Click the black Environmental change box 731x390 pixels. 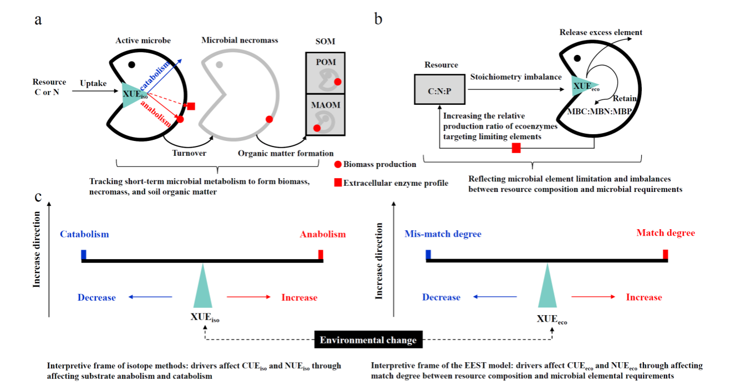(368, 340)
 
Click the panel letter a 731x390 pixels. (38, 19)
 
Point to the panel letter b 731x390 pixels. (378, 19)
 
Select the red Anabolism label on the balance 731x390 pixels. (322, 234)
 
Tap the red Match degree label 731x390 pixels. (665, 233)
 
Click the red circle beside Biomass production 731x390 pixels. (338, 164)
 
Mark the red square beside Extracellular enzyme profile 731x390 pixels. (338, 183)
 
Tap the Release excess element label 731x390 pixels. (601, 32)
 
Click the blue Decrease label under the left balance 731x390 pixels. (97, 297)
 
